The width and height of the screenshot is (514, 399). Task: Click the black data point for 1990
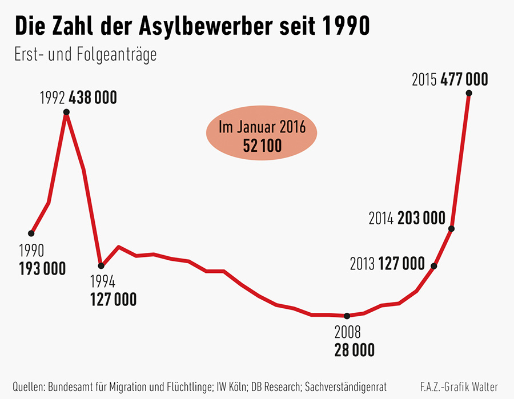click(x=31, y=233)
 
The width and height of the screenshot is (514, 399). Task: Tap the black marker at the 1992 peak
click(x=66, y=112)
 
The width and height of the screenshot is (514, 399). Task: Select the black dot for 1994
click(x=101, y=265)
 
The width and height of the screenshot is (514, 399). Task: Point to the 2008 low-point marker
click(x=347, y=316)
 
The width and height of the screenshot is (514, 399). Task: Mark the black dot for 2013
click(x=434, y=266)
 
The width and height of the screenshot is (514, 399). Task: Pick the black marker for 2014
click(x=451, y=229)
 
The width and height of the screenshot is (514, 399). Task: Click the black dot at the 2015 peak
click(x=469, y=93)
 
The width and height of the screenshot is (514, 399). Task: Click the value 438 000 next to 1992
click(x=93, y=97)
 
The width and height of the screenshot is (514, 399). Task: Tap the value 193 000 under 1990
click(x=42, y=268)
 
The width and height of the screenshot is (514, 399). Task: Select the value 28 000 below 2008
click(x=354, y=350)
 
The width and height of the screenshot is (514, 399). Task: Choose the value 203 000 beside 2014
click(x=421, y=217)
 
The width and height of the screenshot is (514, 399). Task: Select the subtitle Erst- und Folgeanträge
click(x=85, y=55)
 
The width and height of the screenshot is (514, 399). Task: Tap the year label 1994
click(x=103, y=282)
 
